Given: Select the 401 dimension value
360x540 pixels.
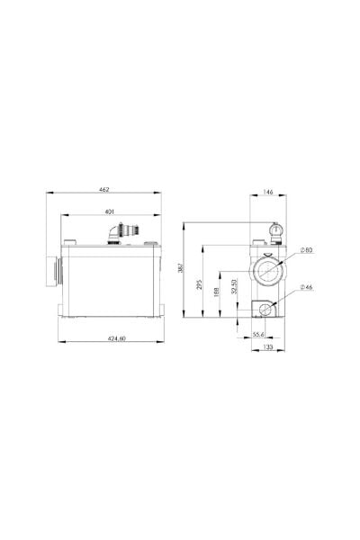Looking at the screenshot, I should point(108,211).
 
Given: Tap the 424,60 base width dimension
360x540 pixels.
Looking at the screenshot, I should point(111,337).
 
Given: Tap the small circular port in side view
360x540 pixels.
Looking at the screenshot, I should point(266,309).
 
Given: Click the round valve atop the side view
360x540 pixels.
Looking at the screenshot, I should point(274,231).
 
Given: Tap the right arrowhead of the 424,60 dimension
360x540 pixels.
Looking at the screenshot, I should point(165,342).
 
